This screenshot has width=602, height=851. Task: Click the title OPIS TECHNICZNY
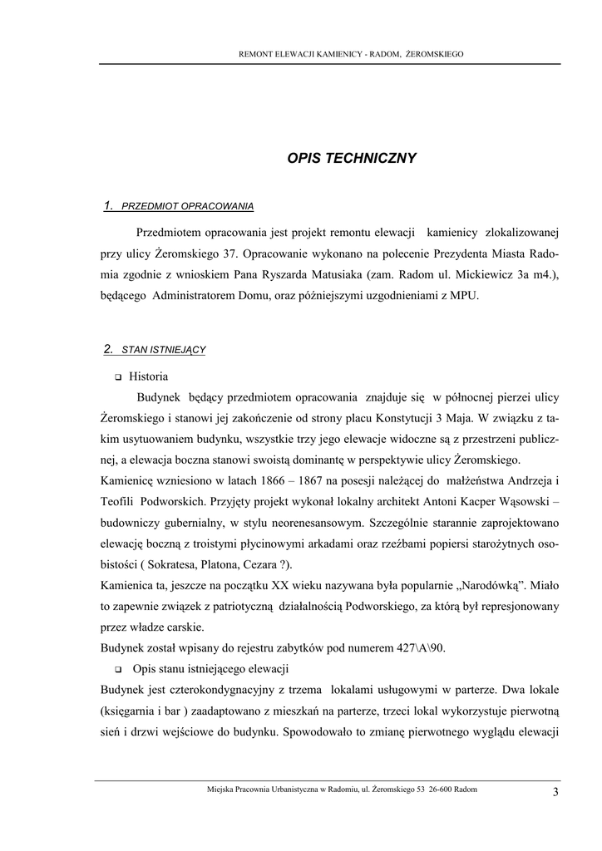(x=352, y=158)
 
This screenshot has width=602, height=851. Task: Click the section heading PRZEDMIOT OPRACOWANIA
(x=187, y=205)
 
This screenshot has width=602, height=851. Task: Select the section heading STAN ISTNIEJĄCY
(x=164, y=350)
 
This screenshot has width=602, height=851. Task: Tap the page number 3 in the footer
(x=555, y=791)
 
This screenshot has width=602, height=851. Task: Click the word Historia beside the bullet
(x=149, y=376)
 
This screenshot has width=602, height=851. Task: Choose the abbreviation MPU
(x=464, y=295)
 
